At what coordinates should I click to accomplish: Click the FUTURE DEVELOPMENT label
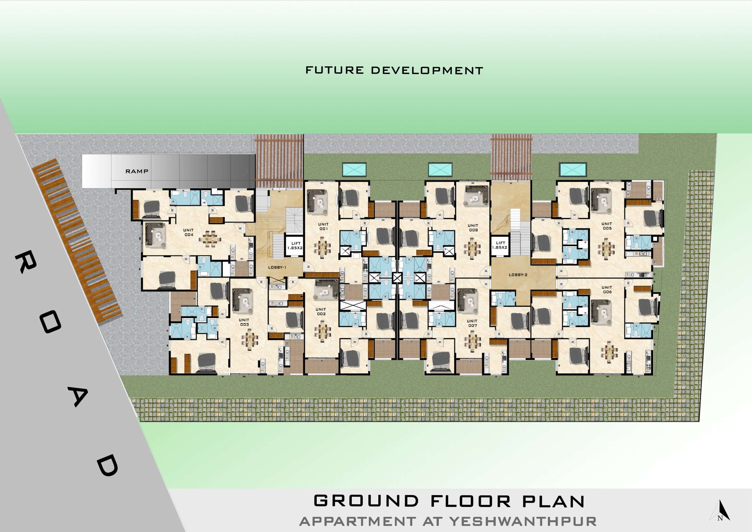[394, 70]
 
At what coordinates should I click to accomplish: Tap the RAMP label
[137, 171]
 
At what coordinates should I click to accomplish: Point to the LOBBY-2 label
[518, 275]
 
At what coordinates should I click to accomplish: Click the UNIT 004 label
[189, 233]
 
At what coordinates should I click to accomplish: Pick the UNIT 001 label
[323, 227]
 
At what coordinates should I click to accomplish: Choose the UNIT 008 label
[473, 227]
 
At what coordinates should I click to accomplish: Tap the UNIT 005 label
[607, 226]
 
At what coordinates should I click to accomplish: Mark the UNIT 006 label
[607, 289]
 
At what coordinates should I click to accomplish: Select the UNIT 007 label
[472, 323]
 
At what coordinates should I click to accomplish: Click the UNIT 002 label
[321, 311]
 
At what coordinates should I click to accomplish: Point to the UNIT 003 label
[244, 322]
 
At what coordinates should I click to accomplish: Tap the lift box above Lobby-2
[500, 245]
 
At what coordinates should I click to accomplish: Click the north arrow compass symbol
[720, 511]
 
